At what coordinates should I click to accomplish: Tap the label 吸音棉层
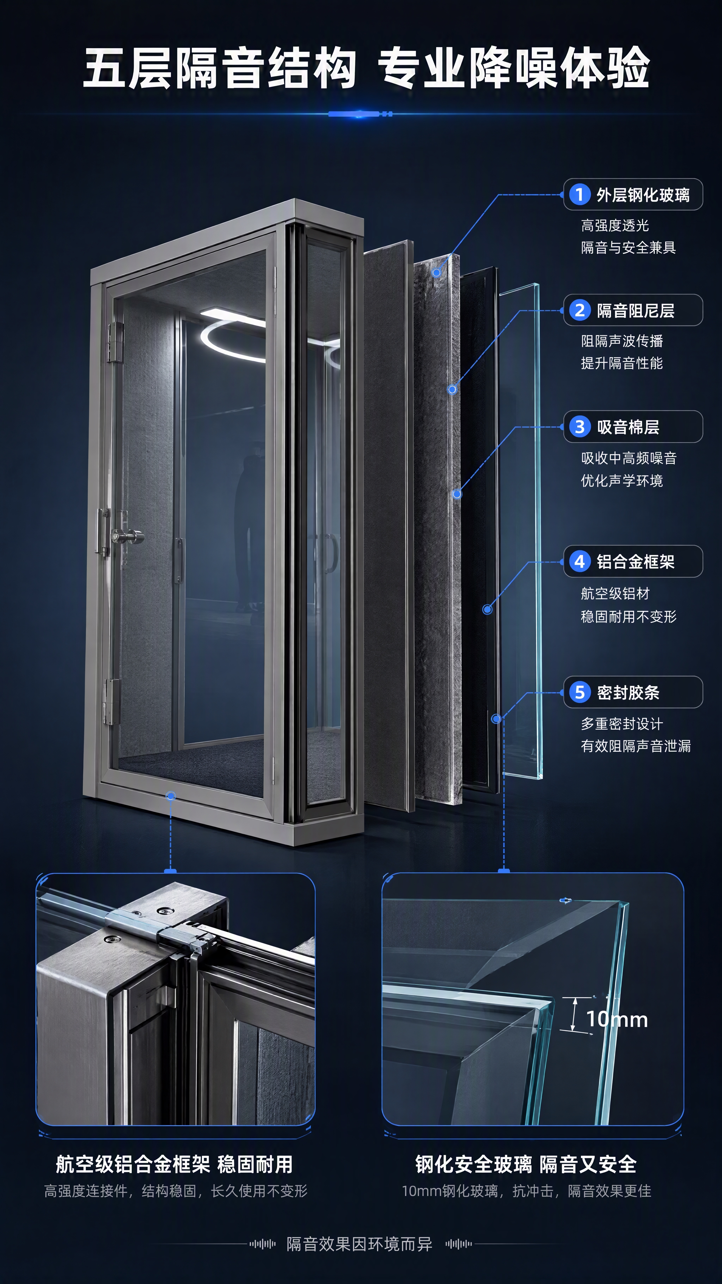(628, 427)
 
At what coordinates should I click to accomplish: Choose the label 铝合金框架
(635, 562)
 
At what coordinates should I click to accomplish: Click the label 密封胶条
(628, 692)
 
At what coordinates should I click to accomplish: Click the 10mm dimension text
(617, 1019)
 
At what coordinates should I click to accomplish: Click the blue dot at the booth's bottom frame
(170, 796)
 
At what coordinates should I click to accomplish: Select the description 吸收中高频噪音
(629, 458)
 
